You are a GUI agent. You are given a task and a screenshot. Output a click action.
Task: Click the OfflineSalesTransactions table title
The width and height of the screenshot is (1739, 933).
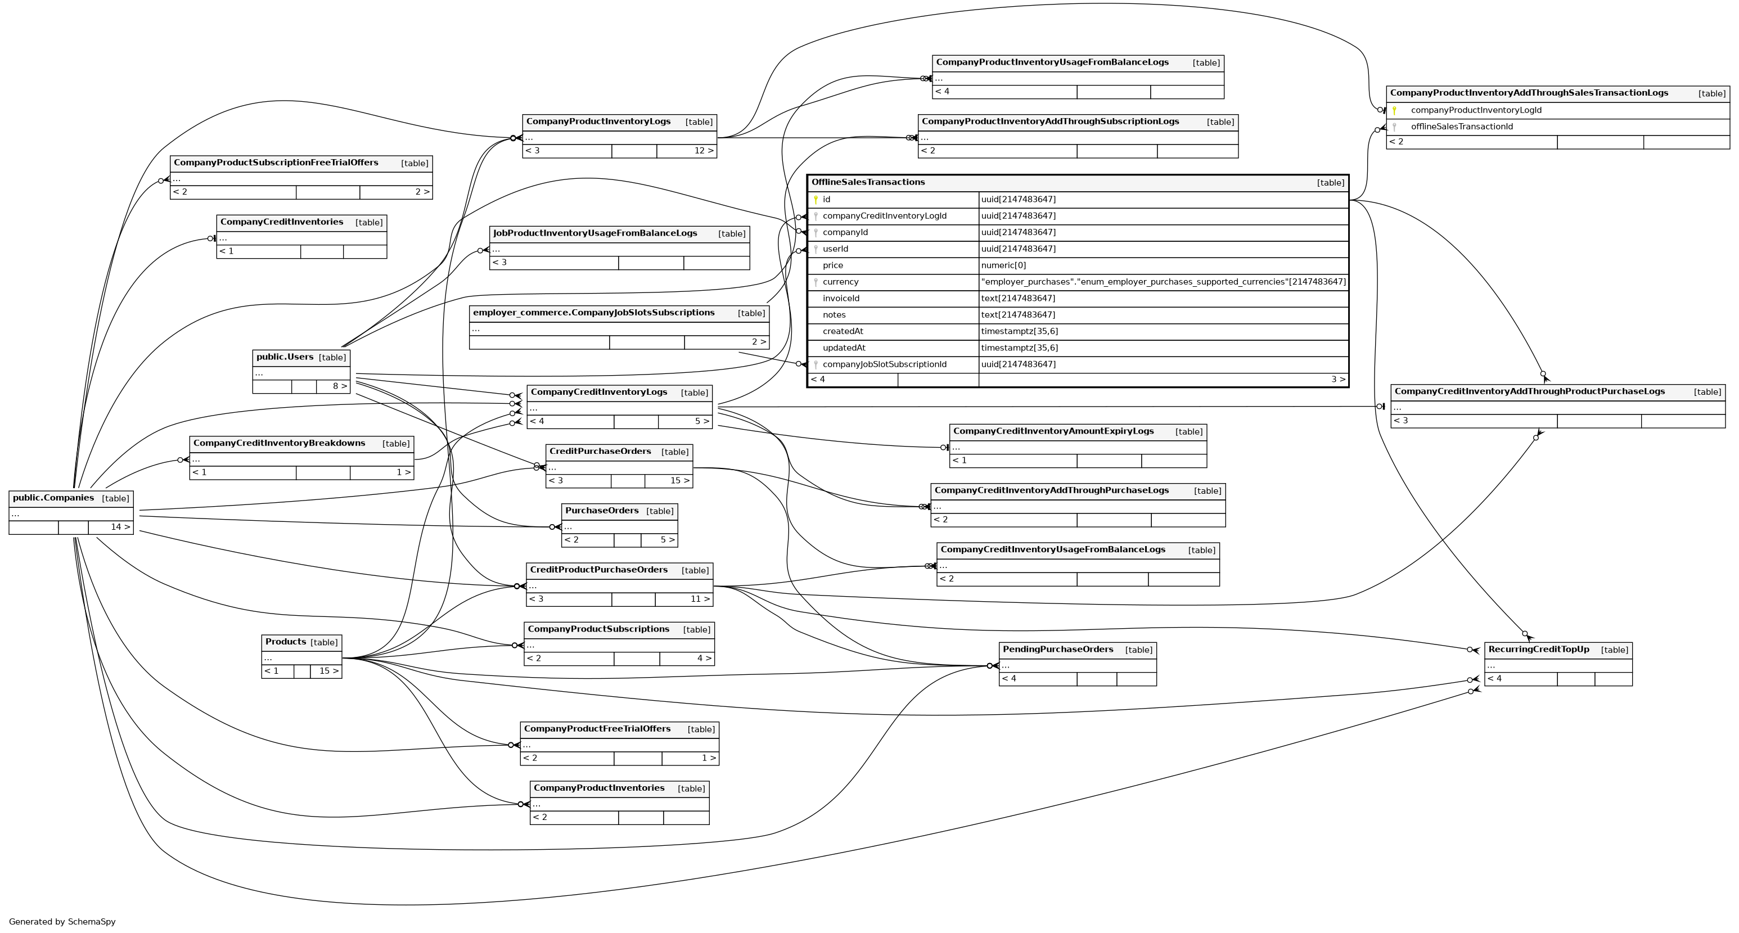click(x=868, y=182)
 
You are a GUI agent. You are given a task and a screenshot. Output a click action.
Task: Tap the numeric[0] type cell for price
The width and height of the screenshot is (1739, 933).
click(x=1003, y=265)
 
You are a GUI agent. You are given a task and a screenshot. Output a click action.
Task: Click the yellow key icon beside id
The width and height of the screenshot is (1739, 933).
click(x=816, y=200)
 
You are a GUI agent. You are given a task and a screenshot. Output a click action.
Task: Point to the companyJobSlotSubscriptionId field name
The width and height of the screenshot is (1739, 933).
click(x=884, y=364)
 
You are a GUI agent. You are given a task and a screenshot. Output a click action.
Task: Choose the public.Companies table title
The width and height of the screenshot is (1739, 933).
click(x=53, y=498)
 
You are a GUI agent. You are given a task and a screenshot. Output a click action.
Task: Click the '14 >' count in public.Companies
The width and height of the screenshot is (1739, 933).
click(x=121, y=528)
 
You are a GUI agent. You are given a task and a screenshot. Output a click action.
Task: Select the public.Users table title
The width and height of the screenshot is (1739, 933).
click(x=285, y=357)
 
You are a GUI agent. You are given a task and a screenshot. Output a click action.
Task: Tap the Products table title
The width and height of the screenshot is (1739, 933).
click(x=286, y=642)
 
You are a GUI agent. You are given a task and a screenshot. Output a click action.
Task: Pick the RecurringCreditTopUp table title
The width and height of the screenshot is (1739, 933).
click(x=1539, y=650)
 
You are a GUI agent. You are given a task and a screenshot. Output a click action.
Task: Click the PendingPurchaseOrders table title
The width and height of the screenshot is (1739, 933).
click(x=1058, y=650)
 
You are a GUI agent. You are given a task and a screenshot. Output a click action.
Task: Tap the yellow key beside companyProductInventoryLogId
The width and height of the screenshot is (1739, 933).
click(x=1394, y=110)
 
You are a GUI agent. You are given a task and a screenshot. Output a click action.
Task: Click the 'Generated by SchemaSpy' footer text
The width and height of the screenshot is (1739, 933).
click(x=62, y=922)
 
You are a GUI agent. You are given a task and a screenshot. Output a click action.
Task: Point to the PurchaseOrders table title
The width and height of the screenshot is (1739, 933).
click(x=601, y=511)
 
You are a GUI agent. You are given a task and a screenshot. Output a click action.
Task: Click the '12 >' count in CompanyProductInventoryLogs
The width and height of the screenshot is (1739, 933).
click(x=704, y=151)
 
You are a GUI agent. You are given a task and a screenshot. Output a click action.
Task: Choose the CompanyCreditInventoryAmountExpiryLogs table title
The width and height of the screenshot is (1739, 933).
click(x=1053, y=431)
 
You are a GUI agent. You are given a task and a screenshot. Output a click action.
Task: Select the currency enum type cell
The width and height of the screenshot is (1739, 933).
click(x=1163, y=282)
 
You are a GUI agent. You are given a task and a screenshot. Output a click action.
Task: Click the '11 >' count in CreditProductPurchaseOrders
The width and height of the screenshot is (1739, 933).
click(x=700, y=599)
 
